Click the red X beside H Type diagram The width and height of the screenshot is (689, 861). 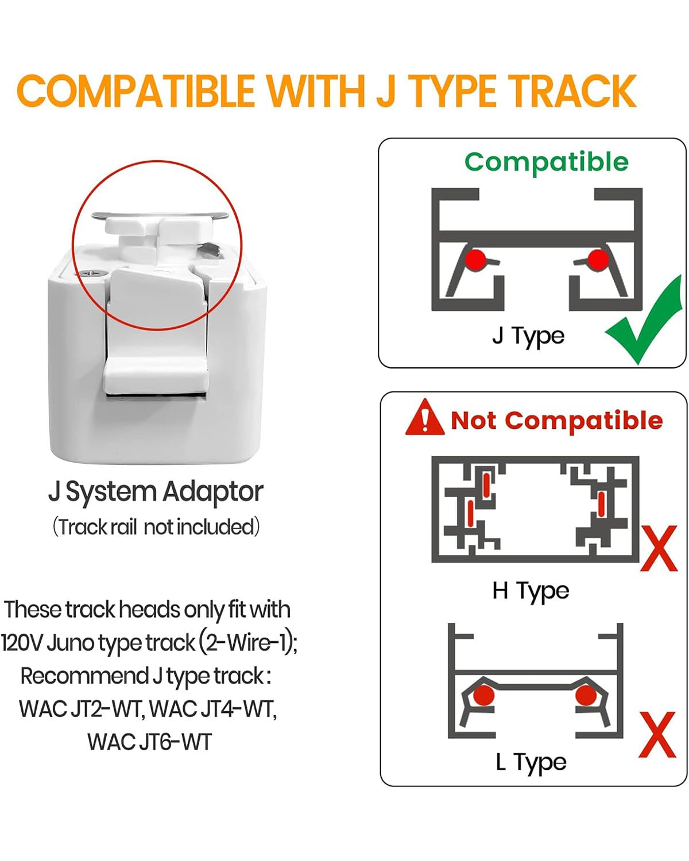point(659,549)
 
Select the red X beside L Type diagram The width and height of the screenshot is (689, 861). point(657,735)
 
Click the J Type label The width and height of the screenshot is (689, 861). point(528,336)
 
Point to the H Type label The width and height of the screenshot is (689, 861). point(531,591)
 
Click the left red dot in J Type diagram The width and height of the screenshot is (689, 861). point(475,260)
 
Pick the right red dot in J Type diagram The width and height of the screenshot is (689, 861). point(598,260)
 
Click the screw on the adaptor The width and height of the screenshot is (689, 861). point(94,273)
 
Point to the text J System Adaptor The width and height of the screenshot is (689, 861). point(156,492)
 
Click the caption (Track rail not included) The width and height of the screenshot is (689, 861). point(156,527)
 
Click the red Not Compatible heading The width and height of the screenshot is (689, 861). point(557,421)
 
